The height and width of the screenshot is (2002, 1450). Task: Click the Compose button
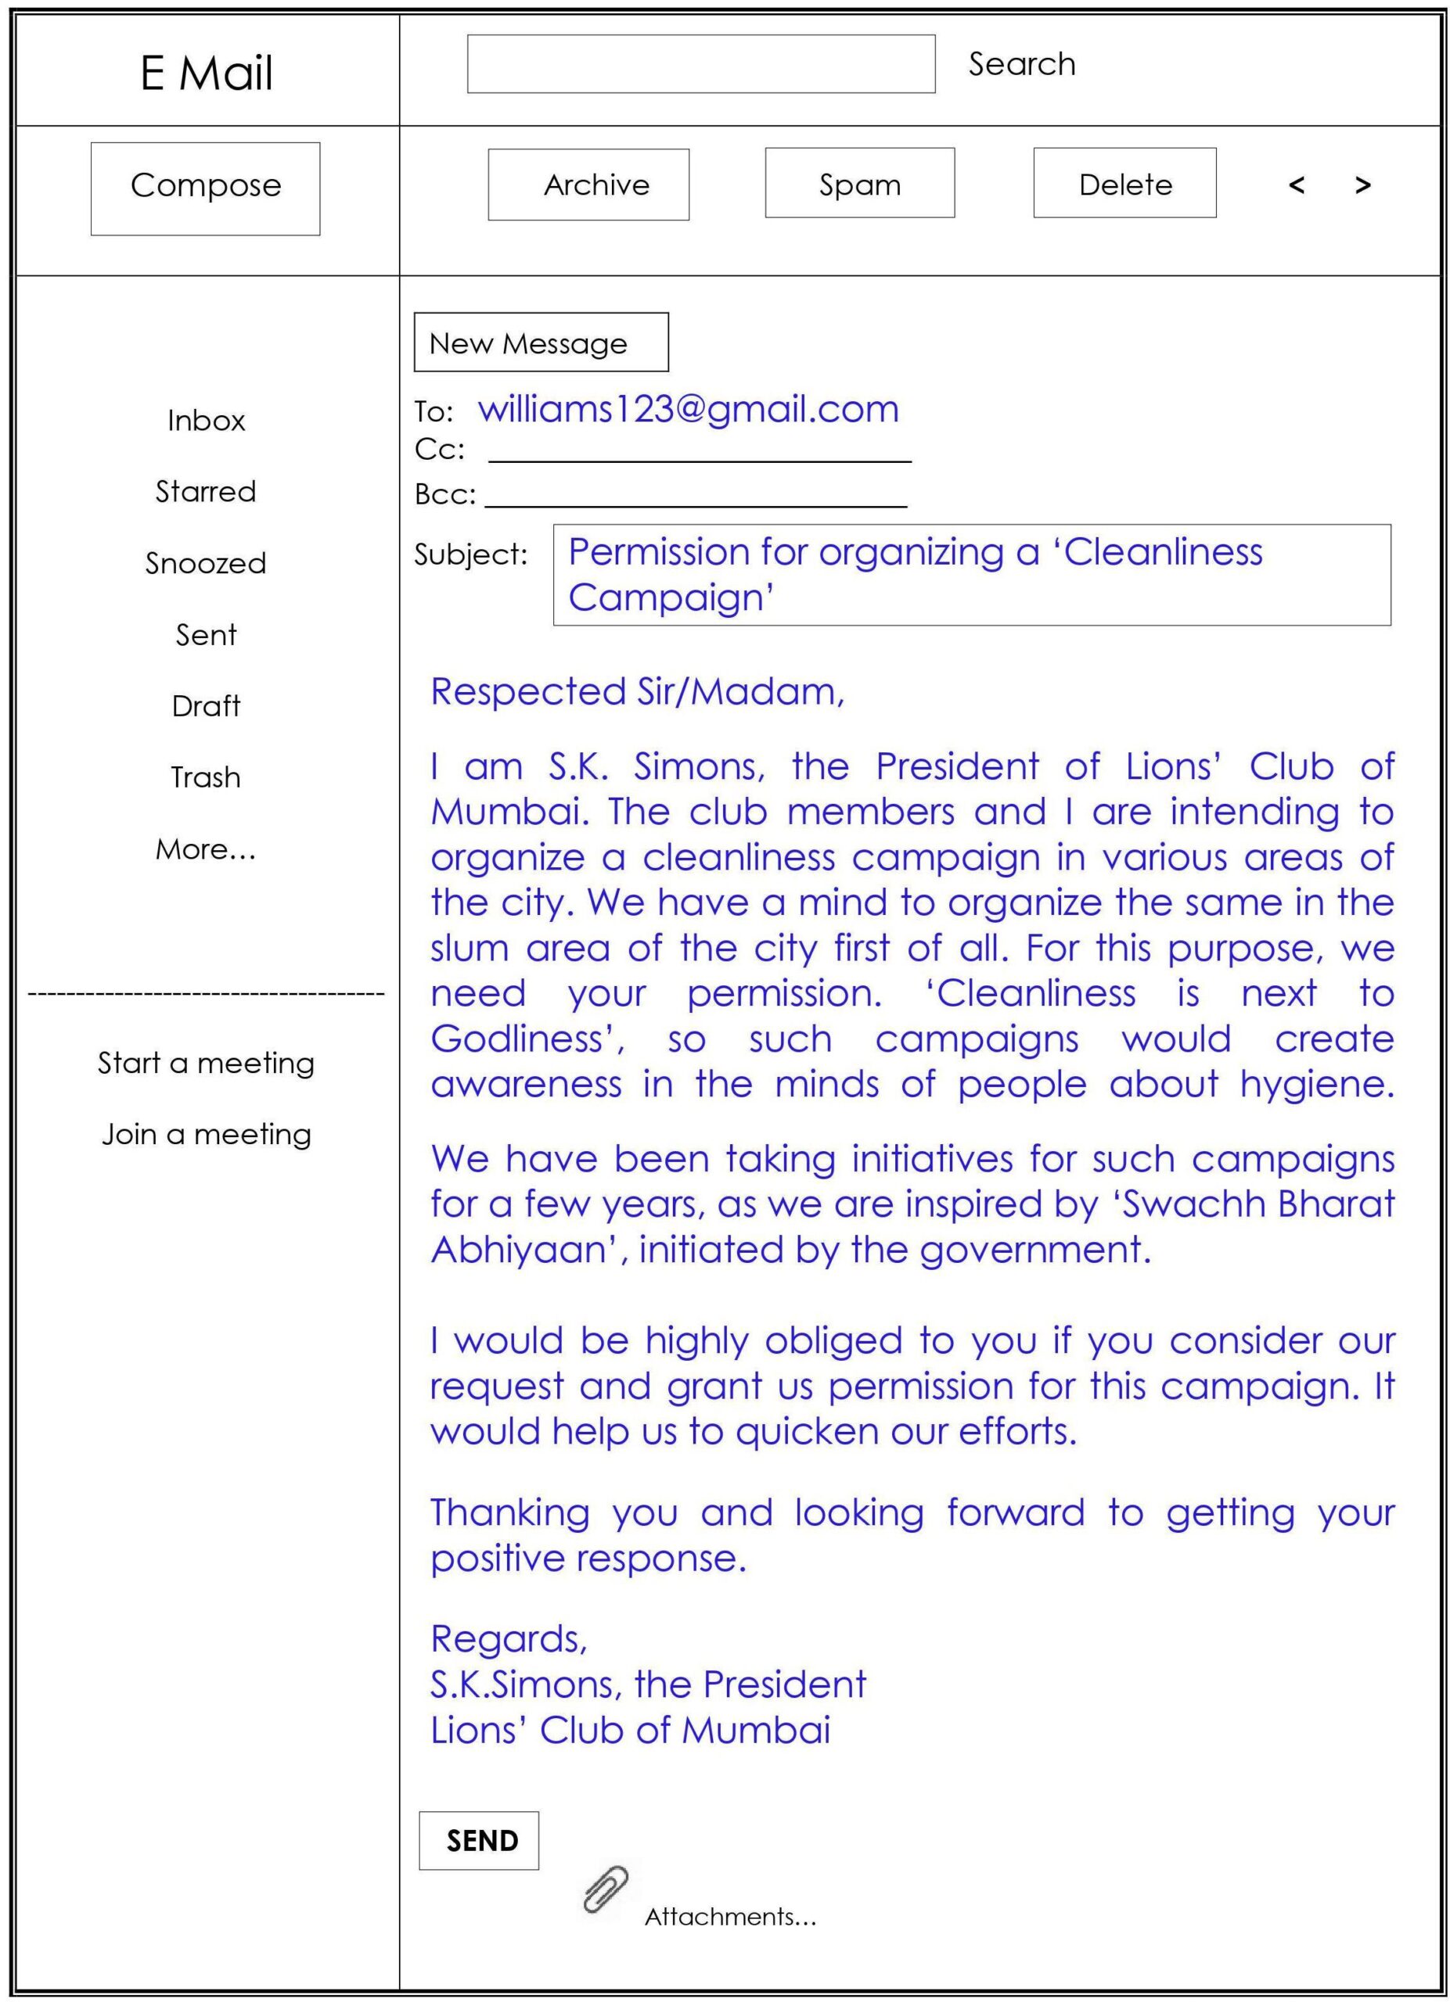pyautogui.click(x=205, y=188)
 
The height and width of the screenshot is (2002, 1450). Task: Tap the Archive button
pyautogui.click(x=588, y=184)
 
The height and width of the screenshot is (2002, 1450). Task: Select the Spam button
pyautogui.click(x=859, y=183)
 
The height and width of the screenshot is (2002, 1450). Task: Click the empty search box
pyautogui.click(x=700, y=63)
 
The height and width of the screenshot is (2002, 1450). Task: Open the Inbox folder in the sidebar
pyautogui.click(x=206, y=420)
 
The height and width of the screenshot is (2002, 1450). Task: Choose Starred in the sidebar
pyautogui.click(x=206, y=492)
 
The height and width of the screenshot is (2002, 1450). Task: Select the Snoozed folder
pyautogui.click(x=206, y=563)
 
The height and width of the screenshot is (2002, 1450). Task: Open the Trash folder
pyautogui.click(x=206, y=777)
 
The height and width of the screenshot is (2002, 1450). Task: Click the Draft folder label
pyautogui.click(x=206, y=706)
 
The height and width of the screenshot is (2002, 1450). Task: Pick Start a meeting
pyautogui.click(x=206, y=1063)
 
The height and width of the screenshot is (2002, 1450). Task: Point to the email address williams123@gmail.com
pyautogui.click(x=688, y=410)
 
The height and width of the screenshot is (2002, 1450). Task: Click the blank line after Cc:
pyautogui.click(x=700, y=452)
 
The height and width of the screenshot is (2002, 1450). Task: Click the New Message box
pyautogui.click(x=541, y=343)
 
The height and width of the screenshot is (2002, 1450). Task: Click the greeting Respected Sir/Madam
pyautogui.click(x=637, y=692)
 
